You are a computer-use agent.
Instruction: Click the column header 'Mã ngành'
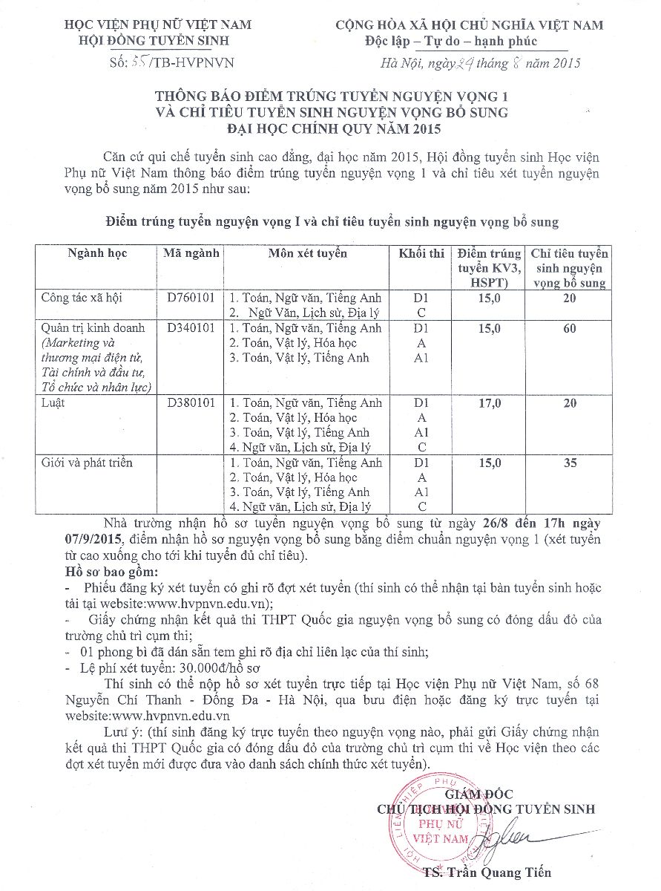pyautogui.click(x=192, y=253)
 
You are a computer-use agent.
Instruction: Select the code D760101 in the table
pyautogui.click(x=191, y=298)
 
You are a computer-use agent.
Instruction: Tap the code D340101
pyautogui.click(x=191, y=327)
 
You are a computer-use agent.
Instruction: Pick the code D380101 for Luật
pyautogui.click(x=191, y=402)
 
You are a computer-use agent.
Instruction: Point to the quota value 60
pyautogui.click(x=569, y=327)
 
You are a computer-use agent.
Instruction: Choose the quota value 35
pyautogui.click(x=569, y=463)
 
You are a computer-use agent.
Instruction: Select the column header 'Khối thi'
pyautogui.click(x=421, y=253)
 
